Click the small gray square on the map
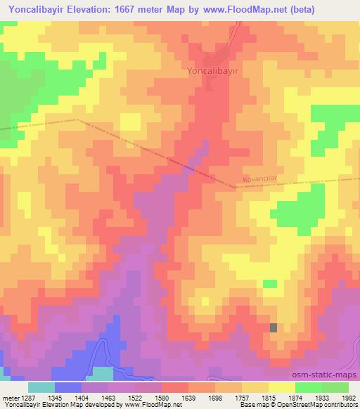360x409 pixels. (x=274, y=327)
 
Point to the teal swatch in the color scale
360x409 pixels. (x=41, y=387)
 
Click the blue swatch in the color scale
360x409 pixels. (x=68, y=387)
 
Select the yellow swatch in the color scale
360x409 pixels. (x=282, y=387)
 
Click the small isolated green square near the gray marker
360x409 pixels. (x=270, y=284)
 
